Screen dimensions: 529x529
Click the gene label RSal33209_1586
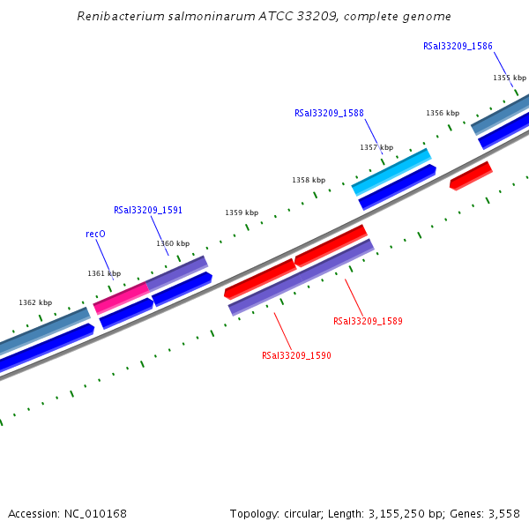pos(458,46)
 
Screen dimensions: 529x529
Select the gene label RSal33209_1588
pos(329,113)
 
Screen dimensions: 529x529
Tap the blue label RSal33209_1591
pos(148,211)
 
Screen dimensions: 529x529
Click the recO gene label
pos(95,235)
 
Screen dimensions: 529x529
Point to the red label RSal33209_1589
pos(368,321)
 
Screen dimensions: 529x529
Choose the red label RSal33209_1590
pos(296,355)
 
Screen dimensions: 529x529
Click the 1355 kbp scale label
pos(509,78)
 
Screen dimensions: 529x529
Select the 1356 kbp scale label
pos(443,113)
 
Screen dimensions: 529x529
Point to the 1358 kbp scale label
pos(309,180)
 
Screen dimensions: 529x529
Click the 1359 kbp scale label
pos(242,212)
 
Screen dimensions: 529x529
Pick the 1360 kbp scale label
pos(173,243)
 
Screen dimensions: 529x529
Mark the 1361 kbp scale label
pos(104,273)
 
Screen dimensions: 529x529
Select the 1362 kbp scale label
pos(35,302)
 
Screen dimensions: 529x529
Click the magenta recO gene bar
pos(121,297)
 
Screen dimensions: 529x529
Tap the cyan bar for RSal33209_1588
pos(391,172)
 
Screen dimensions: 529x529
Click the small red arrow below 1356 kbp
pos(471,175)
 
